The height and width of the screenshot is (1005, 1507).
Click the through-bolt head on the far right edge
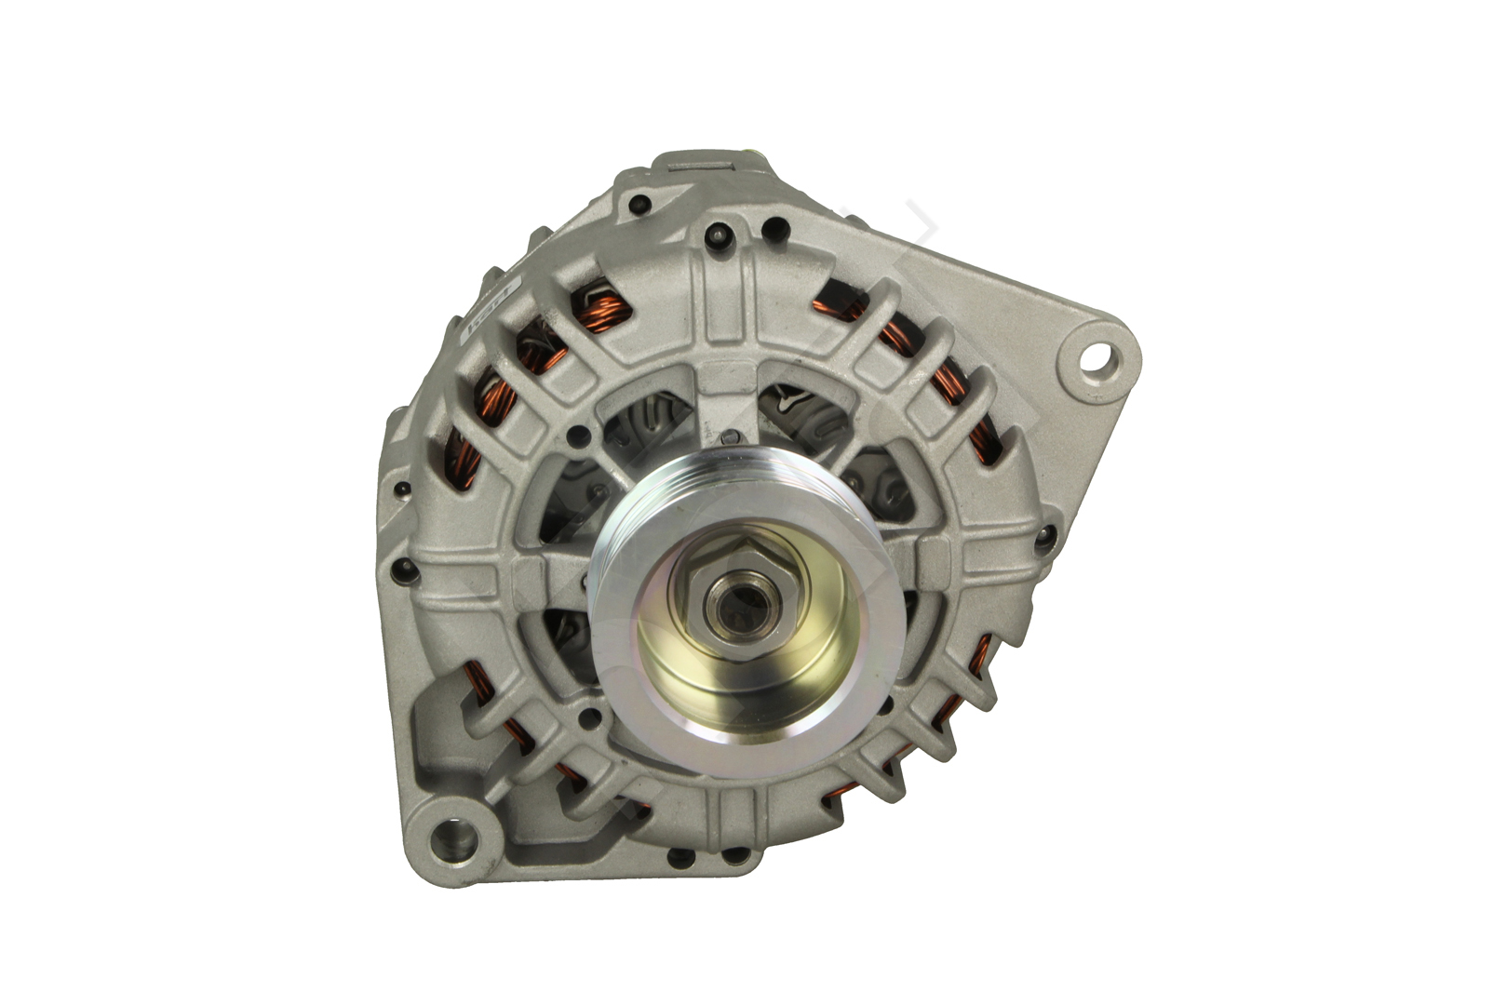click(x=1045, y=534)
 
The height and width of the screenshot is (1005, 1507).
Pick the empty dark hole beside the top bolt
click(x=772, y=226)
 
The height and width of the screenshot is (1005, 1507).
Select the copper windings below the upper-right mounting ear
click(x=947, y=382)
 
